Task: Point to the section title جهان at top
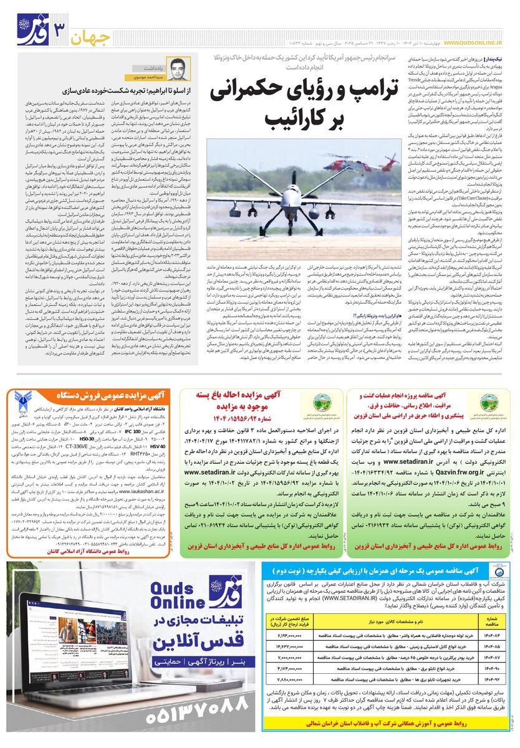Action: pos(93,38)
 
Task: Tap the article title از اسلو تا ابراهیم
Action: pos(135,90)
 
